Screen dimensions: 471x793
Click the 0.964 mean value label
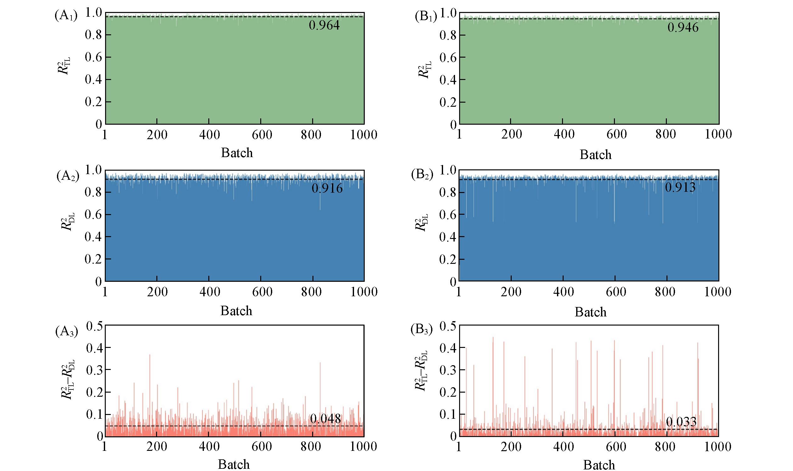[x=324, y=26]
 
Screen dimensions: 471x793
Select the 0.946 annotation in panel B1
[x=683, y=27]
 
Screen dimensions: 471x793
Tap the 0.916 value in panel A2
[x=327, y=189]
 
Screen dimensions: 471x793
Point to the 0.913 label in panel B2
[x=680, y=187]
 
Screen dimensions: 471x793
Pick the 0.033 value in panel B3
[x=681, y=422]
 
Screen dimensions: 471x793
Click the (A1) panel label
[x=66, y=16]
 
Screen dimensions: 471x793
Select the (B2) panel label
[x=422, y=175]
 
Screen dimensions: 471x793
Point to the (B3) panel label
[x=421, y=330]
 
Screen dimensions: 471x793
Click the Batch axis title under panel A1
[x=237, y=153]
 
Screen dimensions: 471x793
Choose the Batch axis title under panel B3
[x=599, y=465]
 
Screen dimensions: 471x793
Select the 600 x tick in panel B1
[x=616, y=134]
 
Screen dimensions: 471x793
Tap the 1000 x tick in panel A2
[x=364, y=292]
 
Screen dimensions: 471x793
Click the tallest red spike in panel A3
[x=149, y=355]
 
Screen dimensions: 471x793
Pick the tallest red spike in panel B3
[x=493, y=338]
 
